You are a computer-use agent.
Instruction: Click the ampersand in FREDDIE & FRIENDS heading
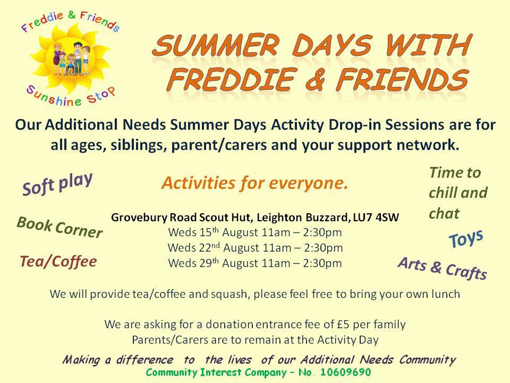coord(315,79)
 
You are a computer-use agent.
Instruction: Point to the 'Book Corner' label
coord(60,227)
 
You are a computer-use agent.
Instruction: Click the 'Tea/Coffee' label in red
coord(58,262)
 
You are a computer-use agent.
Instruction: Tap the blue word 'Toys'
coord(466,239)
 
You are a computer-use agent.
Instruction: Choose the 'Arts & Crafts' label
coord(443,268)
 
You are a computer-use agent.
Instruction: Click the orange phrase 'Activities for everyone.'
coord(254,183)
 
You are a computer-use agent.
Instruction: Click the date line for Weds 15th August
coord(255,232)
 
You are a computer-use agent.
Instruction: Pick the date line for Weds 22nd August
coord(256,248)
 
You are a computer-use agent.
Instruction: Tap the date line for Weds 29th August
coord(255,263)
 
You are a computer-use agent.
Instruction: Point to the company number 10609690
coord(345,372)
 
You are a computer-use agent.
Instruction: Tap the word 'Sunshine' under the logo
coord(54,97)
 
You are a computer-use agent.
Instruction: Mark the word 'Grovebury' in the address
coord(139,218)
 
